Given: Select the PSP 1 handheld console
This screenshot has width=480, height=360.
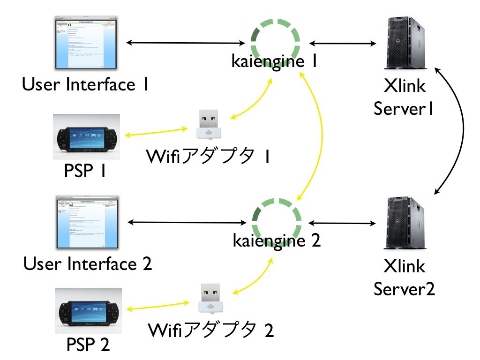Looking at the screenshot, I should [x=87, y=137].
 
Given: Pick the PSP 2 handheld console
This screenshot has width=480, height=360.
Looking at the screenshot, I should [x=88, y=311].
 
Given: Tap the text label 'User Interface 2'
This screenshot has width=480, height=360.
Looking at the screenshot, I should [x=88, y=264].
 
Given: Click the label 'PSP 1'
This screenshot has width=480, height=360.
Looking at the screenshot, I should [x=85, y=172].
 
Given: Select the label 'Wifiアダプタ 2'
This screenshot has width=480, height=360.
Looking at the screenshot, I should [x=210, y=330].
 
